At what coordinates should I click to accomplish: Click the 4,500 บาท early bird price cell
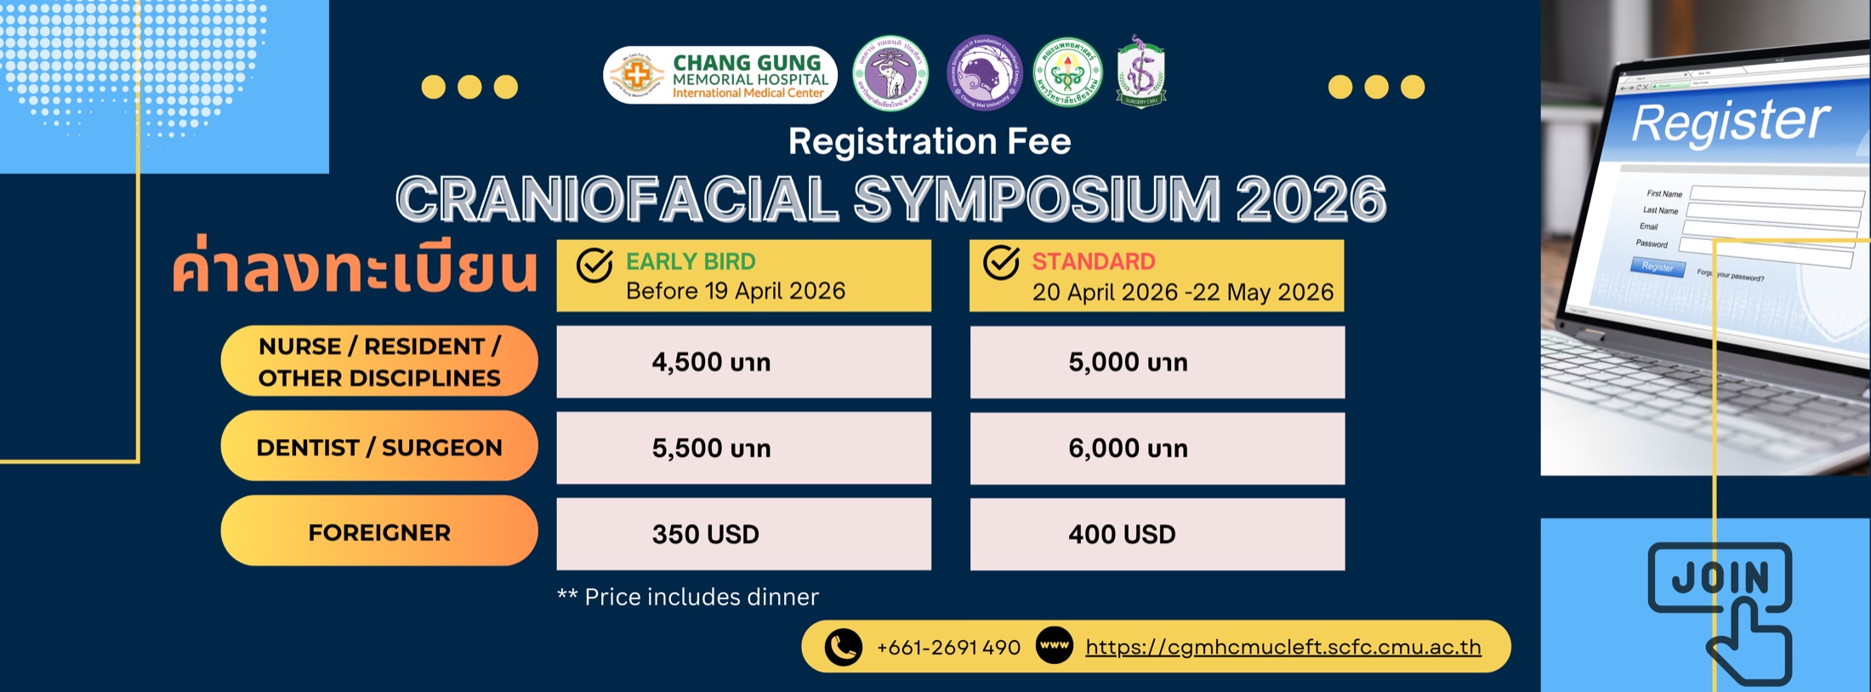(x=743, y=362)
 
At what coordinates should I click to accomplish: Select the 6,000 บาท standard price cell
(x=1157, y=449)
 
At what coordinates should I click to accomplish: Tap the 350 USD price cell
(x=743, y=534)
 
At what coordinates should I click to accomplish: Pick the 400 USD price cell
(x=1157, y=534)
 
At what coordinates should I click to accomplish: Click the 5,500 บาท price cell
(x=743, y=449)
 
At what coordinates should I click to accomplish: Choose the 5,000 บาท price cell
(x=1157, y=362)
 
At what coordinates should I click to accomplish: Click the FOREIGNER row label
(x=379, y=531)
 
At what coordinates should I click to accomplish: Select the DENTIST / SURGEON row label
(x=379, y=446)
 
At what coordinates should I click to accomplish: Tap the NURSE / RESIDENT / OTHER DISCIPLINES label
(x=379, y=361)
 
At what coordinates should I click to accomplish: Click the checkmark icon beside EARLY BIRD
(x=594, y=266)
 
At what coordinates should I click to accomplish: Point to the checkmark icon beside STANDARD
(x=1001, y=263)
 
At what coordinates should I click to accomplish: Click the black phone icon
(x=843, y=647)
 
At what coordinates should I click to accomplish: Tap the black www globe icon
(x=1055, y=645)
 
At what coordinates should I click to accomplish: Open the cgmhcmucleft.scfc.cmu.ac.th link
(x=1282, y=647)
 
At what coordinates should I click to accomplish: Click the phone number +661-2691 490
(x=948, y=648)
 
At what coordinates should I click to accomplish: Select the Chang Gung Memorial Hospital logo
(x=720, y=75)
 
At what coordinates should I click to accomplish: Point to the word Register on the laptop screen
(x=1731, y=122)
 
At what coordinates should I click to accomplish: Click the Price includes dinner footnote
(x=688, y=597)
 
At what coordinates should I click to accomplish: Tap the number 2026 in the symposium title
(x=1311, y=199)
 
